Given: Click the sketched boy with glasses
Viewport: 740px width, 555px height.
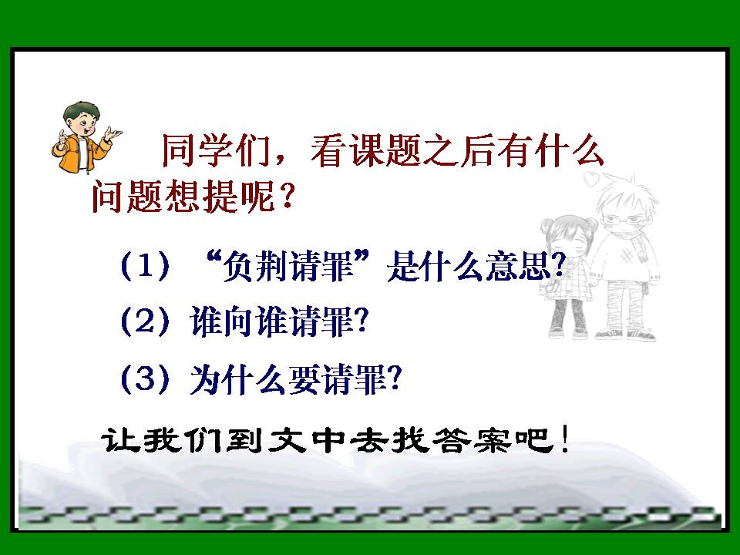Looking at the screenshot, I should coord(625,254).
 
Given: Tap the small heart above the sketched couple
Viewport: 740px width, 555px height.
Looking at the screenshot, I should coord(592,181).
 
